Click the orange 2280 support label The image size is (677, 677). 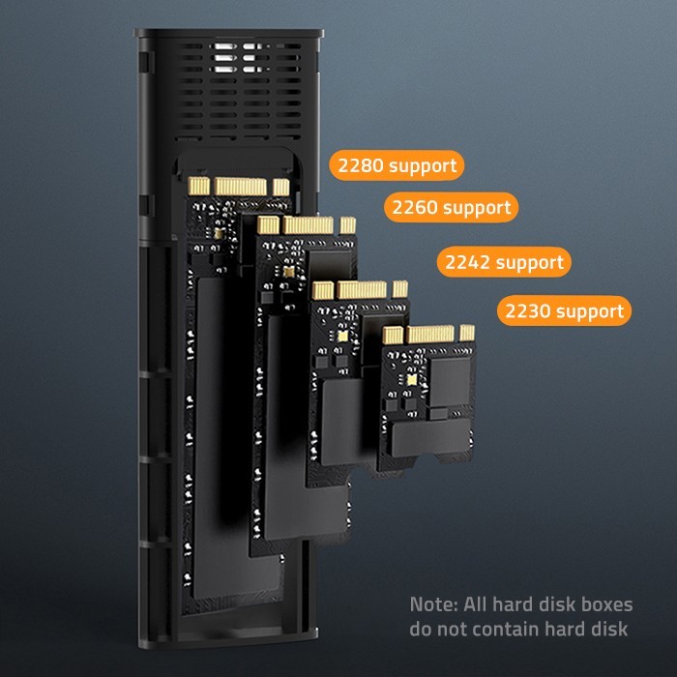click(x=397, y=165)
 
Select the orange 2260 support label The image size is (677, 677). click(x=450, y=207)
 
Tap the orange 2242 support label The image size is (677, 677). click(x=503, y=262)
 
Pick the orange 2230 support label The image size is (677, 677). click(x=564, y=311)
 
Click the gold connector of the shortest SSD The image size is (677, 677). click(x=428, y=336)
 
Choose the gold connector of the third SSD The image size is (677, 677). click(x=361, y=289)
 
